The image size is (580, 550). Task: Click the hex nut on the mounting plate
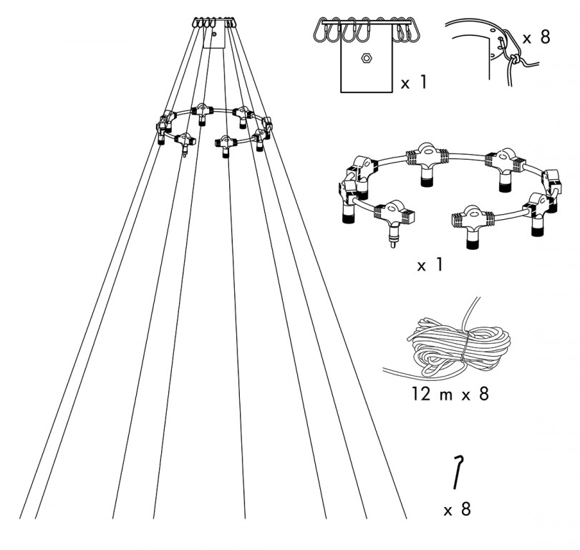point(366,58)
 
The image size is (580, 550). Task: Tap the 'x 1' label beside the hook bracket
point(413,84)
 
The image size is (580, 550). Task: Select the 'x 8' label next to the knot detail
point(536,37)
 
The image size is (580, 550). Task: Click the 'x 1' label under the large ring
point(430,265)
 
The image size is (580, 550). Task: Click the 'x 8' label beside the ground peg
point(457,510)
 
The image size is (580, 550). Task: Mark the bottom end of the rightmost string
point(405,516)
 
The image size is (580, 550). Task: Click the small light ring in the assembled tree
point(215,127)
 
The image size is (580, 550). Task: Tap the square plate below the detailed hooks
point(366,67)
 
